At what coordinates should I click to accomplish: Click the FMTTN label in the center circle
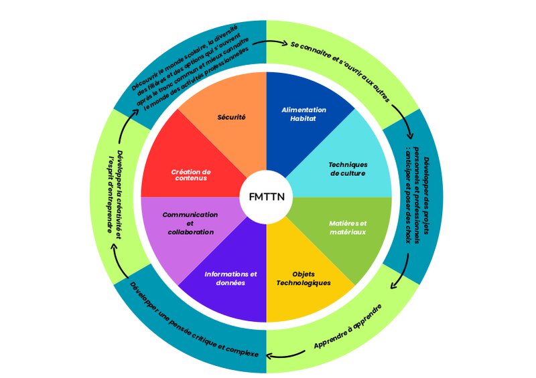pos(267,198)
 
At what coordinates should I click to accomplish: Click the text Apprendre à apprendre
pos(348,327)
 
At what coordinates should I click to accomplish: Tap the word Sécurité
pos(232,117)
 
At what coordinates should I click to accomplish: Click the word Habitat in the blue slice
pos(304,119)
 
